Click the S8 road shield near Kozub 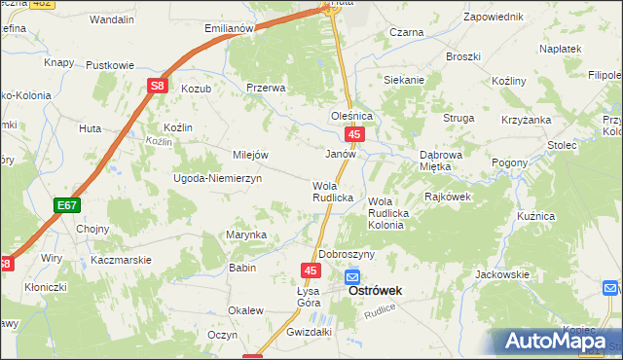point(158,87)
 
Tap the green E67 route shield point(66,205)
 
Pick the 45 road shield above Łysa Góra point(311,270)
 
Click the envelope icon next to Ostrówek point(351,277)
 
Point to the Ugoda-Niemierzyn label point(211,180)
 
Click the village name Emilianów point(229,28)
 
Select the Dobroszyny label point(347,254)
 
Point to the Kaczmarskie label point(120,261)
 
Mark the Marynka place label point(246,234)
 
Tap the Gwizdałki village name point(303,332)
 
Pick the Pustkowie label point(110,65)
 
